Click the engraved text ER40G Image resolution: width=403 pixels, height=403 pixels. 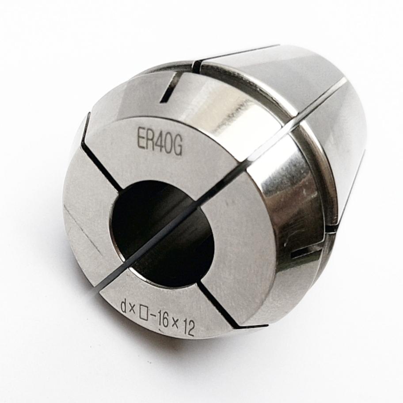160,146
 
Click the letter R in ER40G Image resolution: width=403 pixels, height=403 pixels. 150,144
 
